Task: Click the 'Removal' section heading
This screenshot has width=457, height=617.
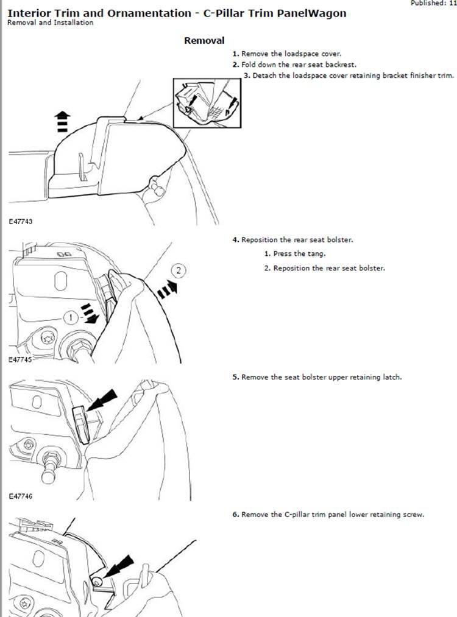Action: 204,41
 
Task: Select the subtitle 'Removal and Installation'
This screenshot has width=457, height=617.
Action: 51,23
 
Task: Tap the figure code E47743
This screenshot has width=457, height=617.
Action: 21,222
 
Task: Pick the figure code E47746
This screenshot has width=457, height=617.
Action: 21,496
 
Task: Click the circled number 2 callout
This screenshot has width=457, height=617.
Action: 179,270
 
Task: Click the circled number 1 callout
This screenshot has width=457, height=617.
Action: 71,317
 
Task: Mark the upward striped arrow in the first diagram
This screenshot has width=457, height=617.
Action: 62,121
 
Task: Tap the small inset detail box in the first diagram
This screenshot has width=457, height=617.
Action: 207,103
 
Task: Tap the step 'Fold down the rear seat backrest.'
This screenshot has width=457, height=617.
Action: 294,65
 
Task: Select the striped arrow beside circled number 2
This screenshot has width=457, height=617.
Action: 167,289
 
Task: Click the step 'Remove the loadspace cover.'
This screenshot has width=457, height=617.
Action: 286,54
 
